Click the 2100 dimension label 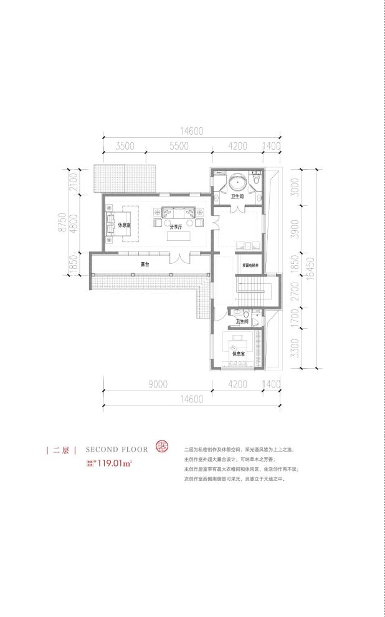click(x=73, y=182)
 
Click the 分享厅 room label click(x=174, y=228)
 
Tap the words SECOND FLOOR click(x=116, y=449)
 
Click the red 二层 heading click(x=60, y=449)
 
